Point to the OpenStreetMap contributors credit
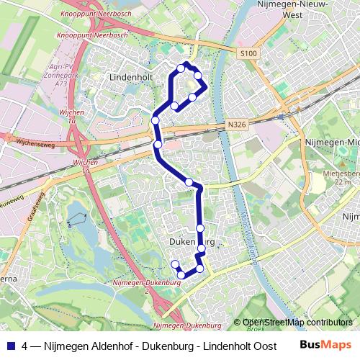(x=297, y=322)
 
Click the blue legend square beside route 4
(x=10, y=346)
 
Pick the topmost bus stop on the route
(x=181, y=69)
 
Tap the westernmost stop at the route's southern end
(x=174, y=264)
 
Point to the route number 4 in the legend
(x=25, y=346)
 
